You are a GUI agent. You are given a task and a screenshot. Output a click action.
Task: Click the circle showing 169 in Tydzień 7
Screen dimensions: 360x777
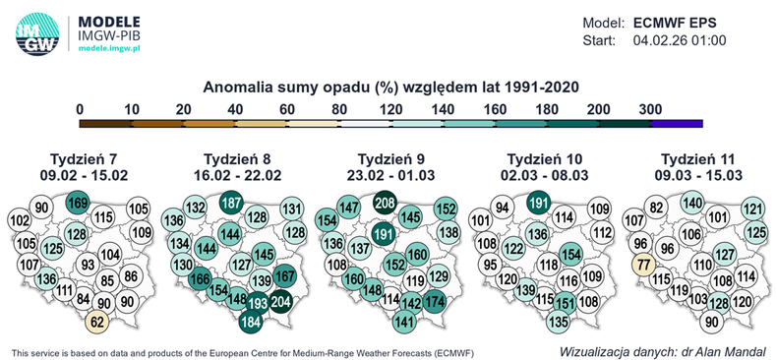(78, 204)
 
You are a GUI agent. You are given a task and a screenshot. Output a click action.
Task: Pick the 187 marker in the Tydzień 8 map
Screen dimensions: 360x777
(232, 203)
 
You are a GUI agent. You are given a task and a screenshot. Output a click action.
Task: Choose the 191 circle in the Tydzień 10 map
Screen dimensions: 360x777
(538, 204)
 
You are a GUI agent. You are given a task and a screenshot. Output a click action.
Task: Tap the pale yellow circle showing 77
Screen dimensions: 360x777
(643, 265)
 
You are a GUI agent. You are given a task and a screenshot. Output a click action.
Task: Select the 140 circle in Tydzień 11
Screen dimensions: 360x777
(691, 203)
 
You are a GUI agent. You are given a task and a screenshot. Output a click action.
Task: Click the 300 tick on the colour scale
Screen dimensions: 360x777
(650, 108)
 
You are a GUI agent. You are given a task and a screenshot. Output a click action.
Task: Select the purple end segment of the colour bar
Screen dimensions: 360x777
(676, 123)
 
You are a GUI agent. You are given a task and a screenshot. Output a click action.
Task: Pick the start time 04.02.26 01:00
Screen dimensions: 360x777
(680, 40)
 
